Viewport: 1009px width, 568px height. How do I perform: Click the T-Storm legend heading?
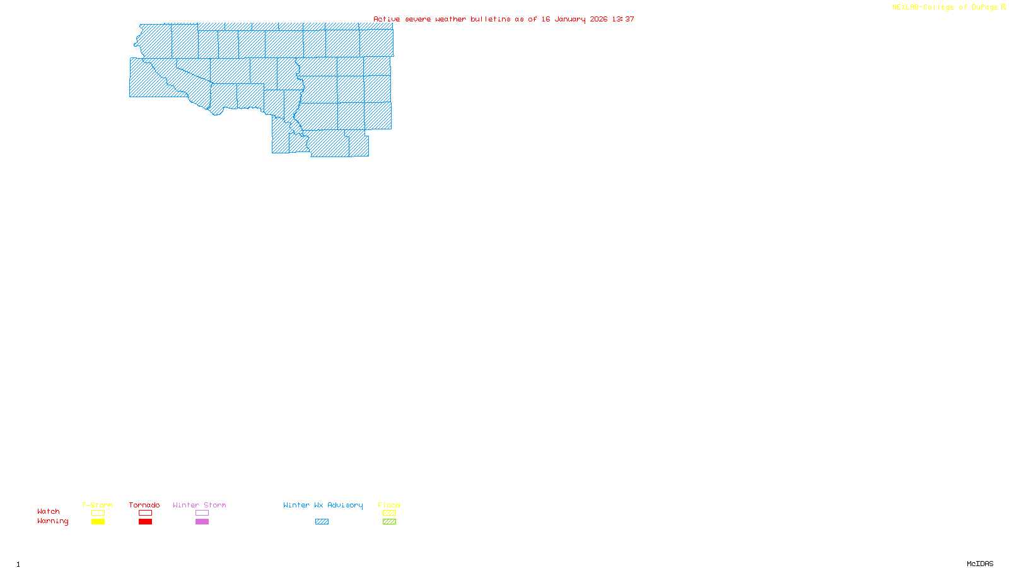(x=97, y=505)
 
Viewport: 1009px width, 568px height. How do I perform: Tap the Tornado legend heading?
(x=144, y=505)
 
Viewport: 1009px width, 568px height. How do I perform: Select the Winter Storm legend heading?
(x=199, y=505)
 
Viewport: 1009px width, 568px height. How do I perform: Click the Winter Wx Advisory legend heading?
(x=323, y=505)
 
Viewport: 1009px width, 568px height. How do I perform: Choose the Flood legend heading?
(x=389, y=505)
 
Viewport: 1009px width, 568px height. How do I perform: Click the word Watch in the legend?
(x=49, y=511)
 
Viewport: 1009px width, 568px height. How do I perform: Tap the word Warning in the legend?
(x=52, y=521)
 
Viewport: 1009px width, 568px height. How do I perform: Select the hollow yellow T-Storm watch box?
(x=98, y=513)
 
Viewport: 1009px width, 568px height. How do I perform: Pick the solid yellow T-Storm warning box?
(x=98, y=522)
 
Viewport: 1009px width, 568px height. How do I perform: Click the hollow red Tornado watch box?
(x=145, y=513)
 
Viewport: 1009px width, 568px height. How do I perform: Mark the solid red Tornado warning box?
(x=145, y=522)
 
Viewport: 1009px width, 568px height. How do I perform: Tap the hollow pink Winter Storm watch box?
(x=202, y=513)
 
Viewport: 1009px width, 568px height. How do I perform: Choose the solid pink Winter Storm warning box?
(x=202, y=522)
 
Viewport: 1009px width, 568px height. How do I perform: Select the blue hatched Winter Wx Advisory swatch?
(x=322, y=522)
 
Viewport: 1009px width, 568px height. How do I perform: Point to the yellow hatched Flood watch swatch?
(x=389, y=513)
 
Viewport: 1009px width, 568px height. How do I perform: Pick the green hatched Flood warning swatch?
(x=389, y=522)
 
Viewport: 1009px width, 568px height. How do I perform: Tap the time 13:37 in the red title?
(x=623, y=19)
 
